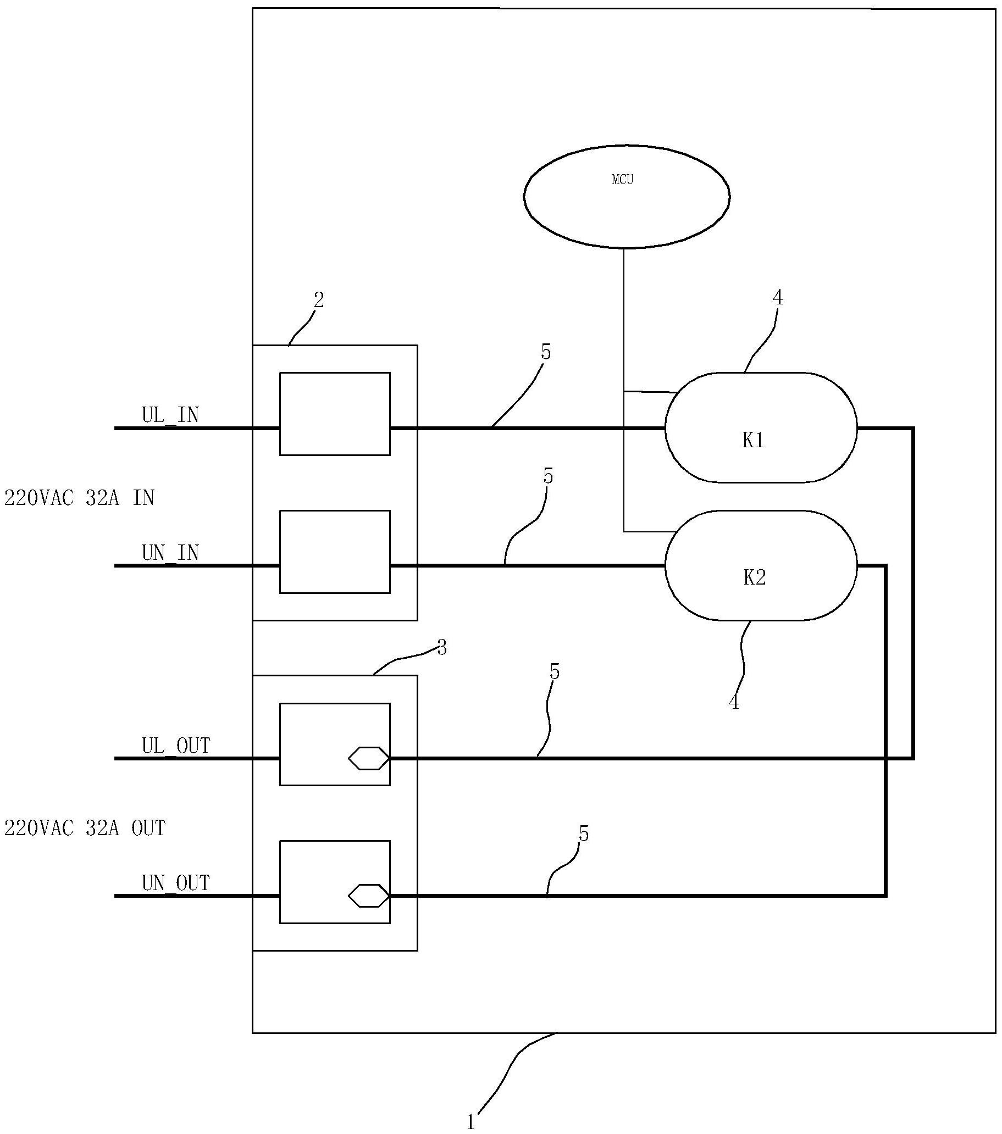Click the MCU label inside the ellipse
click(622, 180)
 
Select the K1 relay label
click(754, 441)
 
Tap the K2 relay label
click(755, 578)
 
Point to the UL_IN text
click(170, 415)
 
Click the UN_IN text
click(170, 553)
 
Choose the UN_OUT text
click(176, 883)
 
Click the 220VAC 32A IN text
click(79, 498)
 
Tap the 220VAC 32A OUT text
click(85, 829)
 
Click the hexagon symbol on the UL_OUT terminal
click(369, 758)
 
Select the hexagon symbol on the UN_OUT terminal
click(369, 896)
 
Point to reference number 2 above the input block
click(319, 300)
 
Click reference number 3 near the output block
click(442, 647)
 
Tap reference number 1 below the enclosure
click(470, 1122)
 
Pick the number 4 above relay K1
click(778, 298)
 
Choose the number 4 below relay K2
click(734, 702)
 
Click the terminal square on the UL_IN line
click(335, 414)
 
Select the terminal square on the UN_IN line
click(335, 552)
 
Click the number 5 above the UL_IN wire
click(546, 352)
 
